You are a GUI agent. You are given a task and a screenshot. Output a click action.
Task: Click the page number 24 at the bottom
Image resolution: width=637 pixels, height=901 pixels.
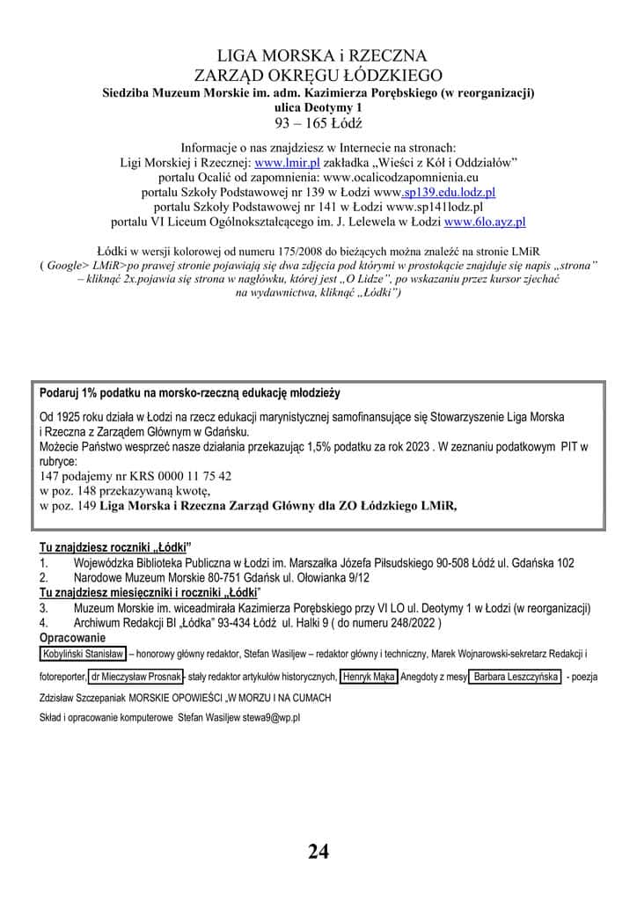[318, 851]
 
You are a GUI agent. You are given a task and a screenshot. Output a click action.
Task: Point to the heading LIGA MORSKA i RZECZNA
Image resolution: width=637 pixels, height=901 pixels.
[318, 57]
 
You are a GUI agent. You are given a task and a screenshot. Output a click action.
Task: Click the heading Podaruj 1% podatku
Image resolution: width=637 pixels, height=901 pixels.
[189, 392]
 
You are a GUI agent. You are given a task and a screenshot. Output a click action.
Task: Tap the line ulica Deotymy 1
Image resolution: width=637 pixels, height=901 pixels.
[318, 106]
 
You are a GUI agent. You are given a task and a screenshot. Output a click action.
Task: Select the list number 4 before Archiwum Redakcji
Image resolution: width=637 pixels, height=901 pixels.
[43, 623]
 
